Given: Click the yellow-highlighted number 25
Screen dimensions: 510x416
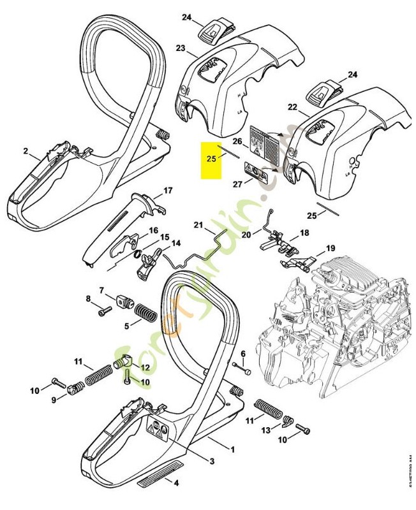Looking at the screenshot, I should click(211, 156).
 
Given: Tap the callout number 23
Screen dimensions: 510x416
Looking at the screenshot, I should click(181, 48).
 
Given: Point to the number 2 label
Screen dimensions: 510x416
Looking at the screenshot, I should click(26, 151).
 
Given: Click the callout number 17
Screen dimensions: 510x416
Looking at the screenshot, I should click(168, 190).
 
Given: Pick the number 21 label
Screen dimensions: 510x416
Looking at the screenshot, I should click(197, 225).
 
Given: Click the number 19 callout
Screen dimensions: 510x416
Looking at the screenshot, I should click(331, 248).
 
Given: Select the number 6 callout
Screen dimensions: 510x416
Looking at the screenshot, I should click(243, 354).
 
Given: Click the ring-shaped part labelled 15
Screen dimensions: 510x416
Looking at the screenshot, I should click(137, 256).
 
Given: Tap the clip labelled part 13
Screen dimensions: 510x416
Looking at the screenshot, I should click(287, 422).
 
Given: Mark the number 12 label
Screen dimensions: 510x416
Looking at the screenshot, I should click(145, 367).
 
